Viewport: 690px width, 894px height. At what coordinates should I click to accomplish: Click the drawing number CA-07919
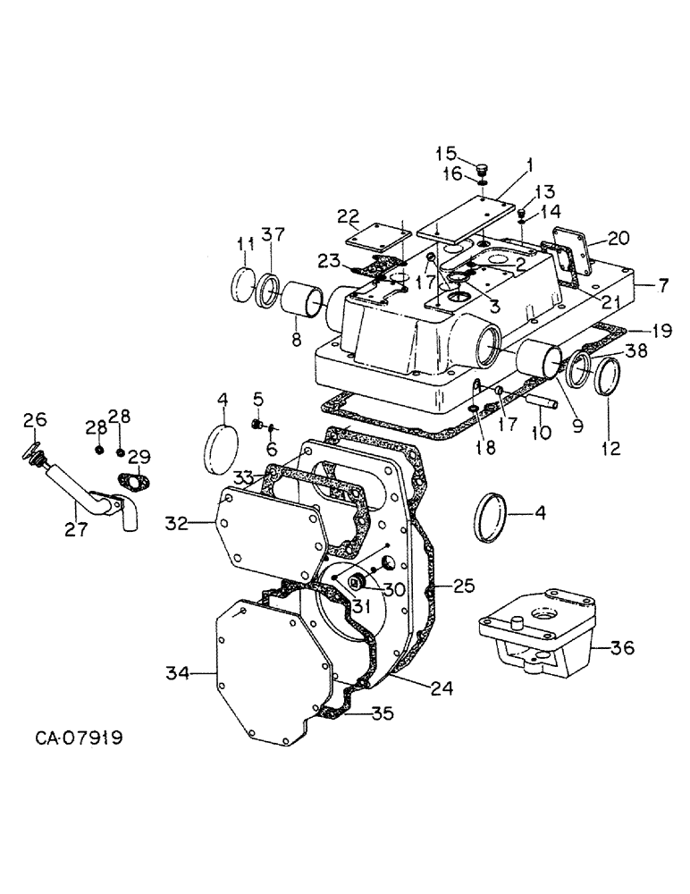pos(80,738)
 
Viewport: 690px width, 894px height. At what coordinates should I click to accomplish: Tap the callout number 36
pos(622,646)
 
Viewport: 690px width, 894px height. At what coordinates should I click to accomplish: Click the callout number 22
pos(348,217)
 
